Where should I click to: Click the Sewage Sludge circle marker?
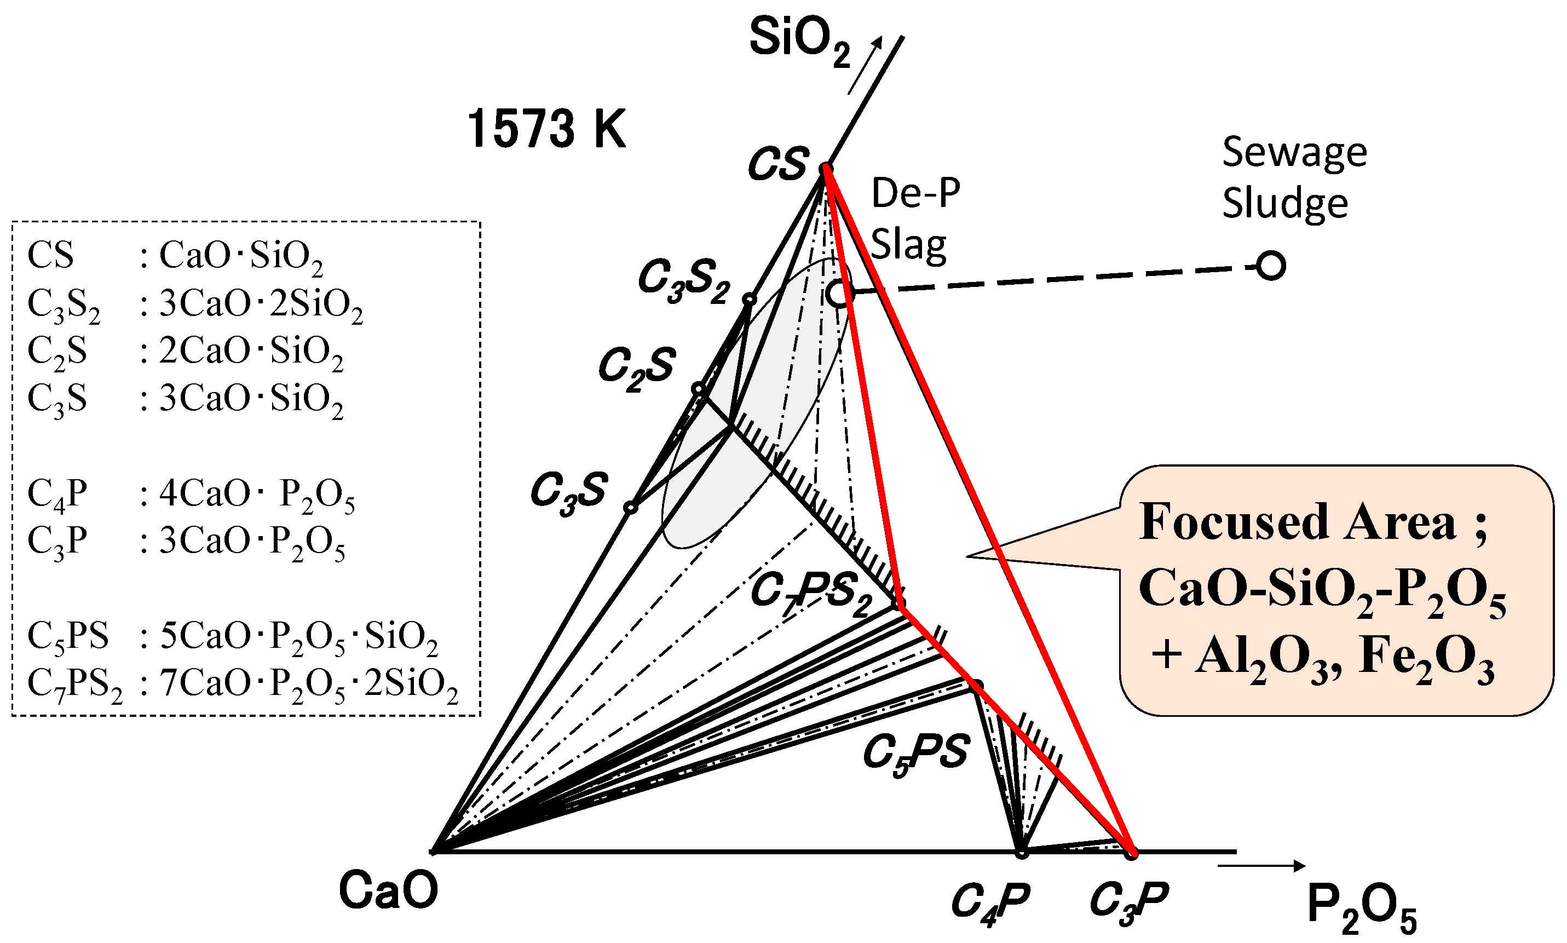(x=1270, y=266)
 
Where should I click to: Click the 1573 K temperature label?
(x=546, y=129)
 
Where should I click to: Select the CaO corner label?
(x=388, y=890)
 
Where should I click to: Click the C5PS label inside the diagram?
(x=915, y=754)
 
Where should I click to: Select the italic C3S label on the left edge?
(x=568, y=491)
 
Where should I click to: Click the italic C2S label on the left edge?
(x=636, y=368)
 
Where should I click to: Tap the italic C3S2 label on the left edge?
(x=683, y=280)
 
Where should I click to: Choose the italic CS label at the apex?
(x=779, y=163)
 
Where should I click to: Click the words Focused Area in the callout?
(x=1297, y=522)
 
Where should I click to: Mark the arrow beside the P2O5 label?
(x=1261, y=865)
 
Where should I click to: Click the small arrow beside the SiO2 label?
(x=865, y=65)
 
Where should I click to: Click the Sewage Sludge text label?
(x=1293, y=178)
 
